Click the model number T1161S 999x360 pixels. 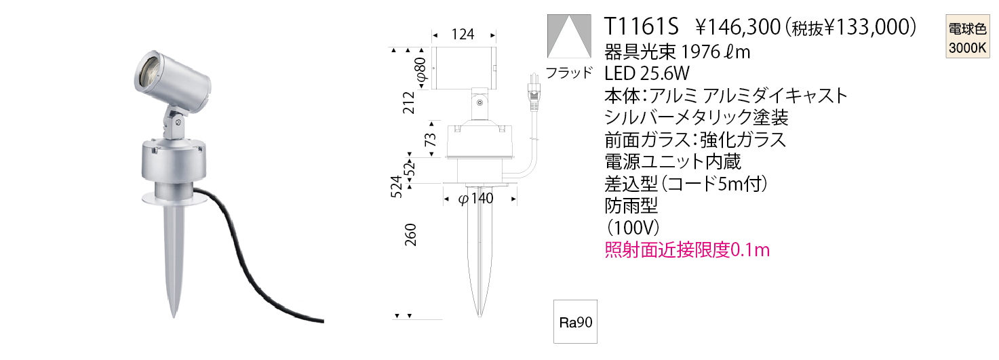point(641,26)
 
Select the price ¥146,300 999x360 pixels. point(738,27)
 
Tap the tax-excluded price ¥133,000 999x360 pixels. point(865,27)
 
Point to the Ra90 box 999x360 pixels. point(575,321)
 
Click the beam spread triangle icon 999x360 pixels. point(569,36)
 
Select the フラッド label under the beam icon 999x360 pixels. point(569,73)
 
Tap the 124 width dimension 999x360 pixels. point(463,35)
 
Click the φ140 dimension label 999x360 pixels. point(476,198)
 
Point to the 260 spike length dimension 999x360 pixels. point(410,235)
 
